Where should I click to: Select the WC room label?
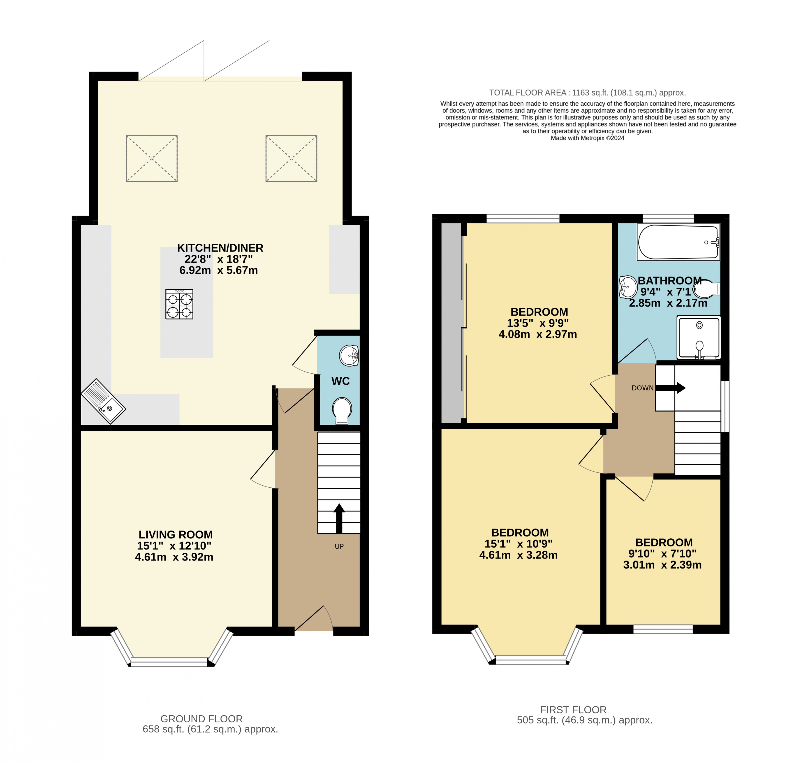340,381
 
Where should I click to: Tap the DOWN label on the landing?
642,388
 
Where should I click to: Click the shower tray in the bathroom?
699,337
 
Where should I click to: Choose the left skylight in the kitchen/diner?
152,158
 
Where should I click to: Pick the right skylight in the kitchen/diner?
291,158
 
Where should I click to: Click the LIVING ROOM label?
175,534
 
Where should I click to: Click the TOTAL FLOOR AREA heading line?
587,93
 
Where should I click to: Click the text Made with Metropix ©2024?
587,138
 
